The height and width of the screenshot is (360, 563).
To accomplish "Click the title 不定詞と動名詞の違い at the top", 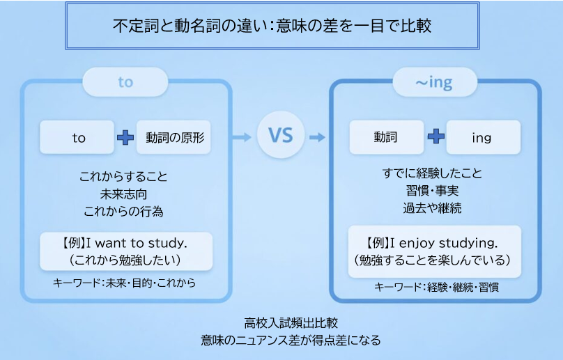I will coord(272,26).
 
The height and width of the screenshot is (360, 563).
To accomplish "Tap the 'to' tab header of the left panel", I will coord(125,82).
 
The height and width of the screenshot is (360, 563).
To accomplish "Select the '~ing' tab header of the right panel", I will coord(434,83).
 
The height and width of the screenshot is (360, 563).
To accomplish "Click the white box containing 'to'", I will coord(77,137).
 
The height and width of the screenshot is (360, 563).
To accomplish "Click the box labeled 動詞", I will coord(386,137).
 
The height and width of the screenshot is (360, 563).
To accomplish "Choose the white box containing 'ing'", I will coord(482,137).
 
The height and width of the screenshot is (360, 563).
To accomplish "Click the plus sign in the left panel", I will coord(125,137).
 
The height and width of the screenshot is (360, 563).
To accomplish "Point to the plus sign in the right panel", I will coord(435,137).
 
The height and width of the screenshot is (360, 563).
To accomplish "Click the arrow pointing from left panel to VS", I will coord(242,137).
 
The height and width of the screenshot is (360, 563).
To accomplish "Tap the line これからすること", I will coord(125,176).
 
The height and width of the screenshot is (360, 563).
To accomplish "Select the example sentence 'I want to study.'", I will coord(125,244).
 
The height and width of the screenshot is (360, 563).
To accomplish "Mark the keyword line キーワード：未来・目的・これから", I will coord(125,283).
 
